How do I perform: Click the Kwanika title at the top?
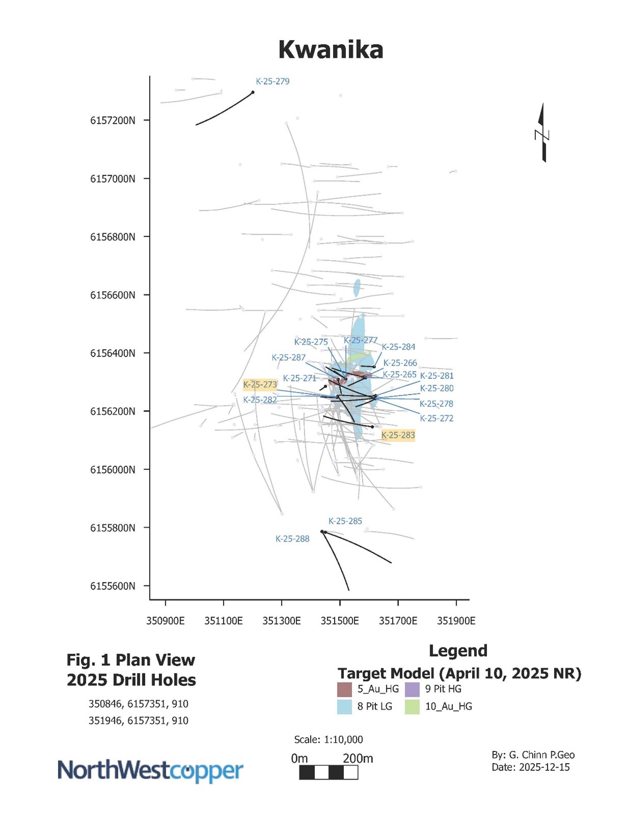pos(331,50)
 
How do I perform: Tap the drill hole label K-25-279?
pos(272,81)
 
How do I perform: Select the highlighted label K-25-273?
pos(260,385)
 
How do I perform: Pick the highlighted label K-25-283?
pos(398,435)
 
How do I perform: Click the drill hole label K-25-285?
pos(345,521)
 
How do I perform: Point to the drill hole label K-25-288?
pos(292,539)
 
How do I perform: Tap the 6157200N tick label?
pos(113,121)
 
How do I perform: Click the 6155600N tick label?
pos(113,586)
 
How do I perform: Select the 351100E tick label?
pos(224,621)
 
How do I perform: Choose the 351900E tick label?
pos(456,621)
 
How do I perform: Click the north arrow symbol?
pos(542,133)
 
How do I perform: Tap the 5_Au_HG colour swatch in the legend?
pos(345,689)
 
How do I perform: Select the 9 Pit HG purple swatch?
pos(412,689)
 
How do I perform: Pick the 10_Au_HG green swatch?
pos(412,707)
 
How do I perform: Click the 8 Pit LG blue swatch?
pos(345,707)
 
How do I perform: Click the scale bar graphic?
pos(329,773)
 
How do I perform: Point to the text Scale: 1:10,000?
pos(329,740)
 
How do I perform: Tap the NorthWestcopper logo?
pos(150,771)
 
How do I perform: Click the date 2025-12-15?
pos(544,767)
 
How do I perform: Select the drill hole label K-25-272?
pos(436,418)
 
